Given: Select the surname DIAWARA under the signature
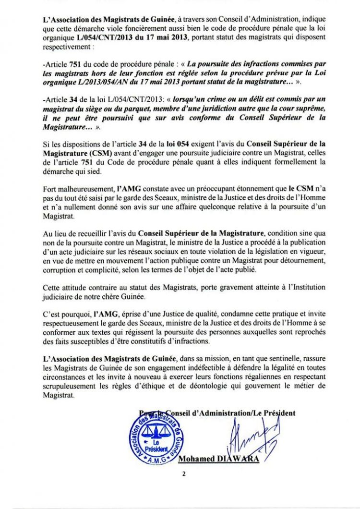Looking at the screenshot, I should pyautogui.click(x=241, y=459).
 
